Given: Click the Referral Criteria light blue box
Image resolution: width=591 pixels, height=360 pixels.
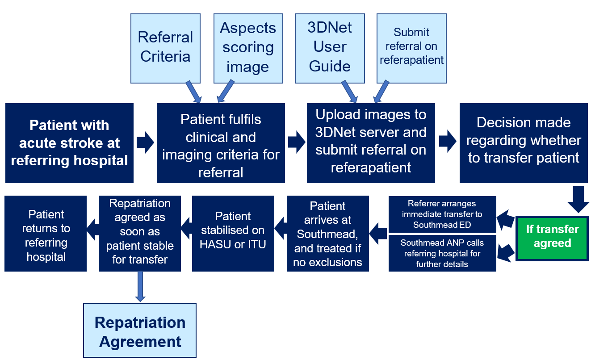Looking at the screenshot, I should (165, 48).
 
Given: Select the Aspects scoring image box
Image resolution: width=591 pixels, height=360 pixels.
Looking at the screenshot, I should (247, 48).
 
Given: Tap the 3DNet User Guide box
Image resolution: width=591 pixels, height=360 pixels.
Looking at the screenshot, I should (329, 48).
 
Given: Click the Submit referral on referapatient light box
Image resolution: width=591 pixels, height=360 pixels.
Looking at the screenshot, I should (411, 48).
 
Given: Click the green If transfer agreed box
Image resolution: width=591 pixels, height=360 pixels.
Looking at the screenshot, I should (552, 237).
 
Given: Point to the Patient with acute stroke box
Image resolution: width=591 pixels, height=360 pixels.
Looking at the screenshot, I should (69, 143).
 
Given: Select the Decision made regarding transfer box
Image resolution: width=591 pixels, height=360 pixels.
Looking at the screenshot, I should (524, 143).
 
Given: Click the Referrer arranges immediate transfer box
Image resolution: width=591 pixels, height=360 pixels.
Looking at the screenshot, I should (442, 214).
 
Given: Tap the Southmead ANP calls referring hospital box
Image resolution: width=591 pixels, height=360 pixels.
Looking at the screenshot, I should (442, 253).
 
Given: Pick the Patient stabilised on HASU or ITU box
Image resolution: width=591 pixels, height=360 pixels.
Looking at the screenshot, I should (233, 233).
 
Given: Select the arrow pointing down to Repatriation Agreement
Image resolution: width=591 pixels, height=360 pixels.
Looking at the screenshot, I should (140, 286).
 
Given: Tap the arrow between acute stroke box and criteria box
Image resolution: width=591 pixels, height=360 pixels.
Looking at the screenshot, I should (145, 143).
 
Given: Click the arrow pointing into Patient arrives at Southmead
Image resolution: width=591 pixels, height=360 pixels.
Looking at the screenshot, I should (378, 233).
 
